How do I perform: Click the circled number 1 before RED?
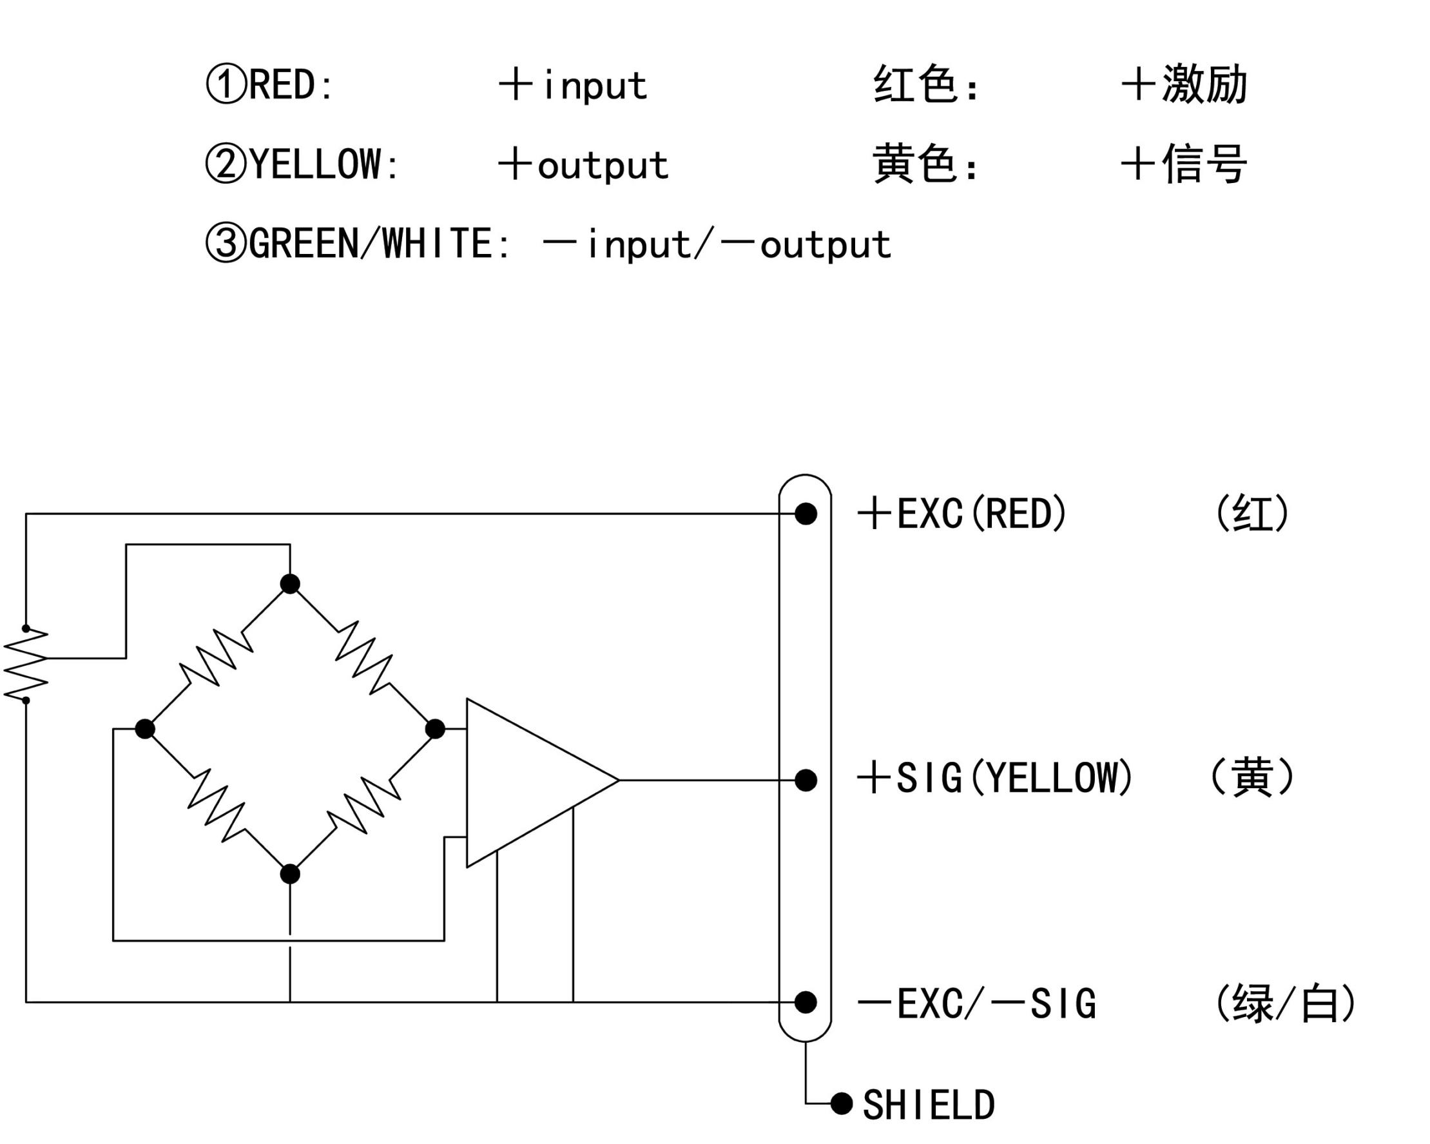pyautogui.click(x=226, y=84)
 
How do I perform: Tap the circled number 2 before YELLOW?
pyautogui.click(x=226, y=164)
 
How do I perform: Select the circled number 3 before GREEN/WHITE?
pyautogui.click(x=226, y=243)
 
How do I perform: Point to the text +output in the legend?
pyautogui.click(x=584, y=165)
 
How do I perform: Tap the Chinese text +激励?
pyautogui.click(x=1184, y=84)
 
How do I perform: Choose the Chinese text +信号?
pyautogui.click(x=1184, y=164)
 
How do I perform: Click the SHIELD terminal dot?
pyautogui.click(x=841, y=1103)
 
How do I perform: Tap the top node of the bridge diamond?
pyautogui.click(x=290, y=584)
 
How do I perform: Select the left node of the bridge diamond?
pyautogui.click(x=144, y=729)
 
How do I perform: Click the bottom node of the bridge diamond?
pyautogui.click(x=290, y=874)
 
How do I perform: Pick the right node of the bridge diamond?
pyautogui.click(x=434, y=729)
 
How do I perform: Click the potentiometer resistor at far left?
pyautogui.click(x=26, y=664)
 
